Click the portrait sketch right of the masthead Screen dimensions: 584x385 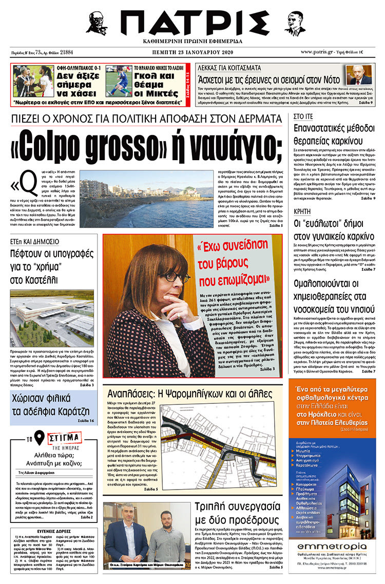tap(295, 24)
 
